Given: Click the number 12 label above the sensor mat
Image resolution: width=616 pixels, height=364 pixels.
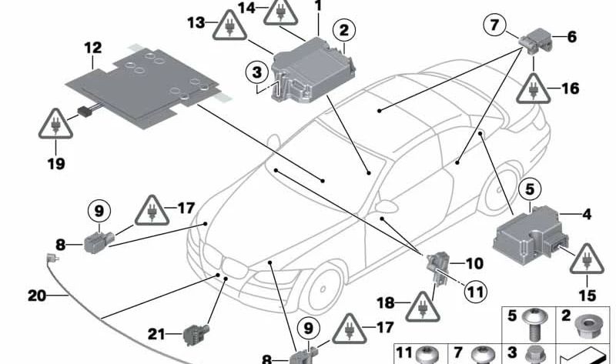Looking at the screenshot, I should (x=92, y=48).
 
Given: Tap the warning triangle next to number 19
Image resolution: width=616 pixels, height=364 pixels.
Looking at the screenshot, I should (x=55, y=125).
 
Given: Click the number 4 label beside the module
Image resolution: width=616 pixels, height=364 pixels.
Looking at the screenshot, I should (x=587, y=215).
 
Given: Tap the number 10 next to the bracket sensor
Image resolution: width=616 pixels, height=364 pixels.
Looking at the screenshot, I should (x=474, y=264).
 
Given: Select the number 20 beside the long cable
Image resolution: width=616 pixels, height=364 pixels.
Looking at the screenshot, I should (x=37, y=296).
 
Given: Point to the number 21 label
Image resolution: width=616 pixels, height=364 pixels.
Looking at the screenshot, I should (x=157, y=333).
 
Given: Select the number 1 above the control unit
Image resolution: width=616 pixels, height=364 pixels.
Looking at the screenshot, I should (x=317, y=6).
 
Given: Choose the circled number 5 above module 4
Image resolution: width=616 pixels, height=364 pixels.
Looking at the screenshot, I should (x=529, y=187).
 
